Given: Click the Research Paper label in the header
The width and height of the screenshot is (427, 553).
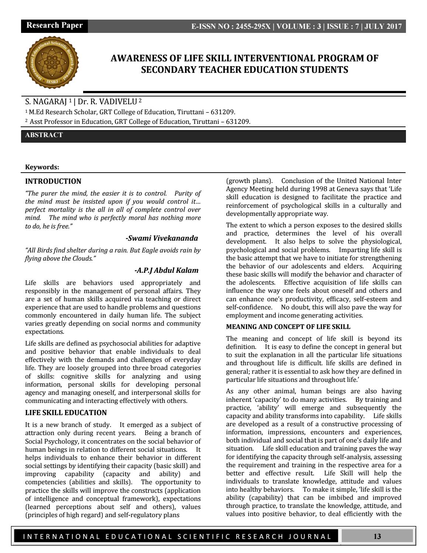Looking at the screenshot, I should click(x=54, y=26).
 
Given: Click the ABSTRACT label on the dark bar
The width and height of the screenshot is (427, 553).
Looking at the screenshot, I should click(x=44, y=135).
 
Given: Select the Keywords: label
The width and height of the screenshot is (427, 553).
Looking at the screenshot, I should click(x=42, y=167).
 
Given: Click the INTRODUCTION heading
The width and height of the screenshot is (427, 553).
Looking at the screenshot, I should click(x=53, y=181).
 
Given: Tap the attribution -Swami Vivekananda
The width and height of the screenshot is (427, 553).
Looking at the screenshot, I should click(x=162, y=238).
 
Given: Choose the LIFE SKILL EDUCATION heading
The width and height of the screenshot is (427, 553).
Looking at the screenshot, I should click(x=66, y=413).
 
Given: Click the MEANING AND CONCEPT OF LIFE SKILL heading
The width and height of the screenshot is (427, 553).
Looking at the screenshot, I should click(x=288, y=327).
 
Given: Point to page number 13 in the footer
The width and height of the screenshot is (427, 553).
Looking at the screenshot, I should click(x=377, y=536).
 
